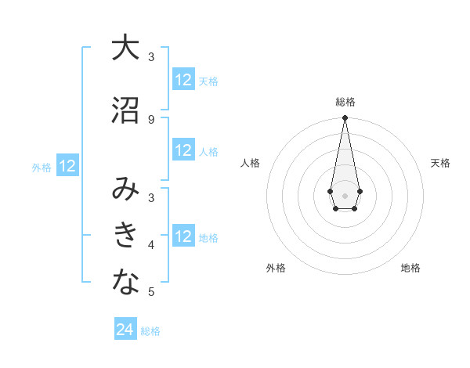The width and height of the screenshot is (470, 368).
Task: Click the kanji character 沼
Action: point(125,110)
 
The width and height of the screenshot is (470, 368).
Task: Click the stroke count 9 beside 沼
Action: point(151,120)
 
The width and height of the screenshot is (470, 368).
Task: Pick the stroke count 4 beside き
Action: point(151,245)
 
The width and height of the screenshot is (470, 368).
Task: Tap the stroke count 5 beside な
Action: point(151,292)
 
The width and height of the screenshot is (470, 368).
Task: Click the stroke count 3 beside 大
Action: point(151,56)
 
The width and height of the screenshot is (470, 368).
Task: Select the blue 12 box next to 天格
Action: point(183,80)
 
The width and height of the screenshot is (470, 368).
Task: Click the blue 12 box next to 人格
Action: point(183,150)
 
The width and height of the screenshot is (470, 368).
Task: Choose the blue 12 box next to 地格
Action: point(183,236)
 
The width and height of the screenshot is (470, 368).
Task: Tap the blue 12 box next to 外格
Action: point(67,166)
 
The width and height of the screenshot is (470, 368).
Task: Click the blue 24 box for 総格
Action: point(125,330)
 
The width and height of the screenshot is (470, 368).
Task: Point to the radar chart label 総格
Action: point(345,102)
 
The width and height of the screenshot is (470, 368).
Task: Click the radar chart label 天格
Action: point(440,163)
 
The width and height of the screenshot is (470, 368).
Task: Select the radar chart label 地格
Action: point(410,268)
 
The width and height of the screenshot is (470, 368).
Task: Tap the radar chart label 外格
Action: point(276,268)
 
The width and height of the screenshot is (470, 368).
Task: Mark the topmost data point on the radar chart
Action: point(345,118)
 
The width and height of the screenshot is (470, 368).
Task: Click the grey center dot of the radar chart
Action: point(345,194)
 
